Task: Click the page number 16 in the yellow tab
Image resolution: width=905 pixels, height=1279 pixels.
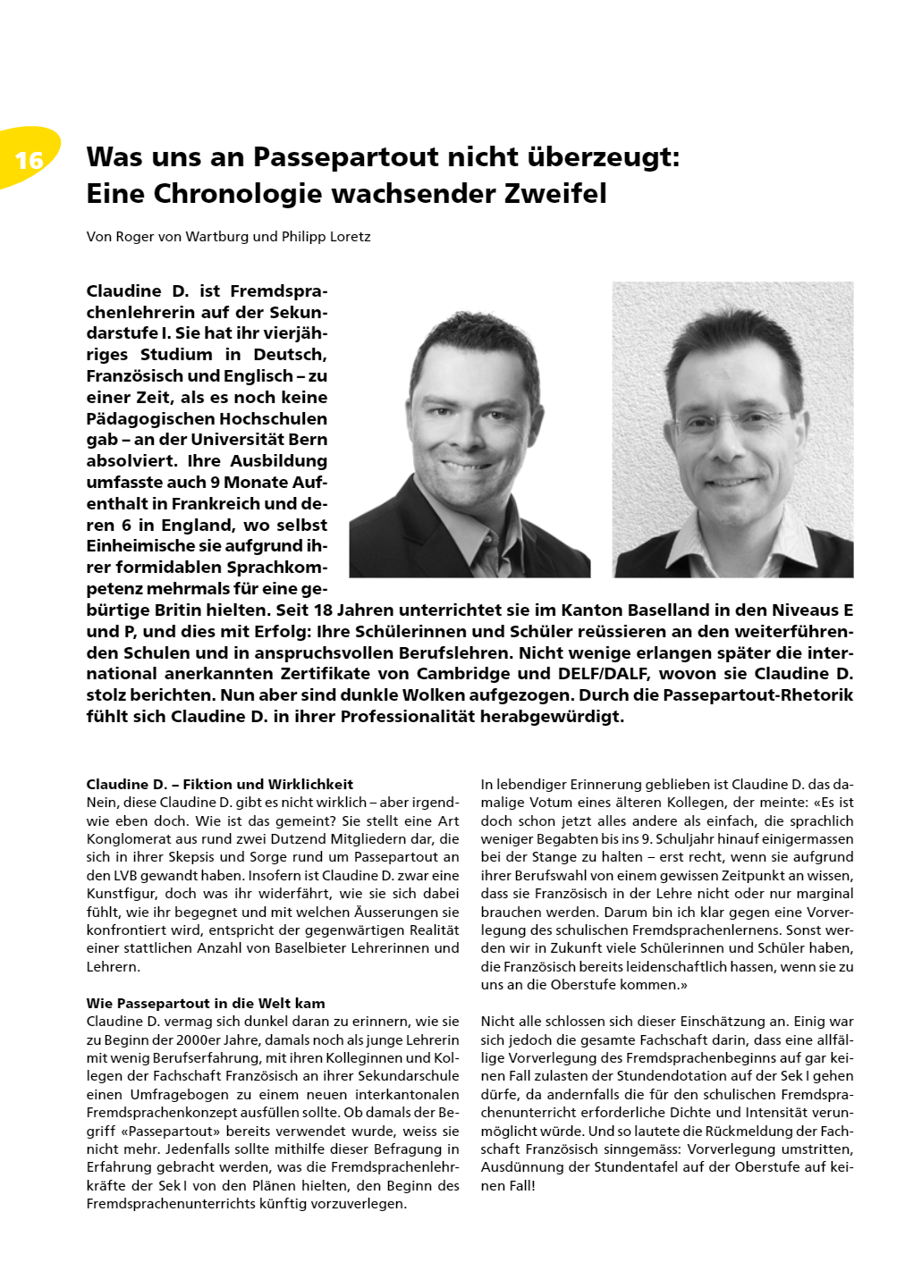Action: (x=30, y=160)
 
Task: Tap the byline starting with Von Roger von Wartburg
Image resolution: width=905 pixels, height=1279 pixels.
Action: (x=228, y=237)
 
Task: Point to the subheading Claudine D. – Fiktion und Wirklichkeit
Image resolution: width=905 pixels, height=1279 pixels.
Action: (x=220, y=784)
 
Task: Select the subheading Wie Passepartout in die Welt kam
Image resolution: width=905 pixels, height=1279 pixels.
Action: (x=206, y=1003)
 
